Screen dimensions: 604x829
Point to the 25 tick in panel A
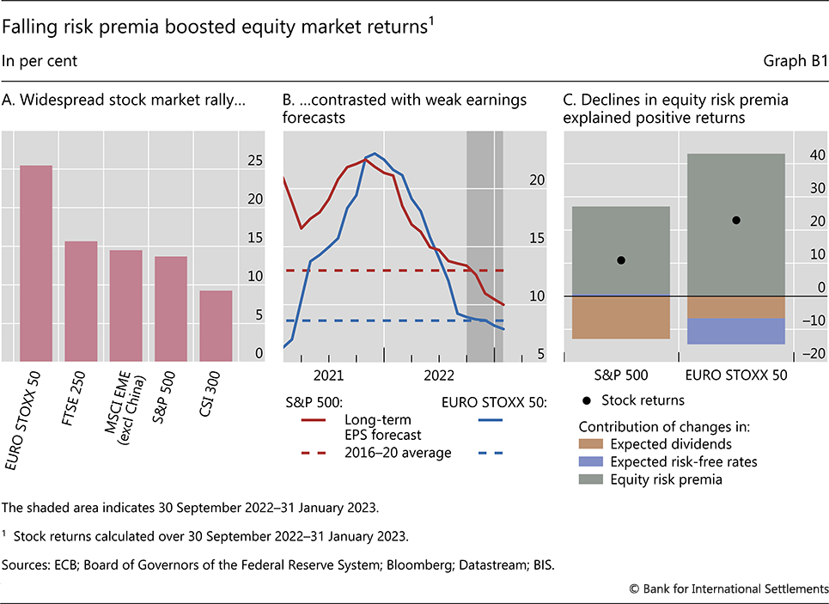coord(255,160)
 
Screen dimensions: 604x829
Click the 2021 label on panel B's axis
coord(328,375)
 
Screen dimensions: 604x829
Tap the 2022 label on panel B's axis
coord(440,375)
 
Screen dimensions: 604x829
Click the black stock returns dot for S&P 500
coord(621,259)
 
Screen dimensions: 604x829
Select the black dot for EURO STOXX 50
coord(736,220)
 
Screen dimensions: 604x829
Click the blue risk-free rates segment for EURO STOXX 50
coord(736,331)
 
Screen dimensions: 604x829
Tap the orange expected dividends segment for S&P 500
coord(621,317)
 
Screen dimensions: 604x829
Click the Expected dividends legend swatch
coord(590,444)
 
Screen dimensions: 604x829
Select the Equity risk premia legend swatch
coord(590,479)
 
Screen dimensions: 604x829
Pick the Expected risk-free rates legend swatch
coord(590,462)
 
